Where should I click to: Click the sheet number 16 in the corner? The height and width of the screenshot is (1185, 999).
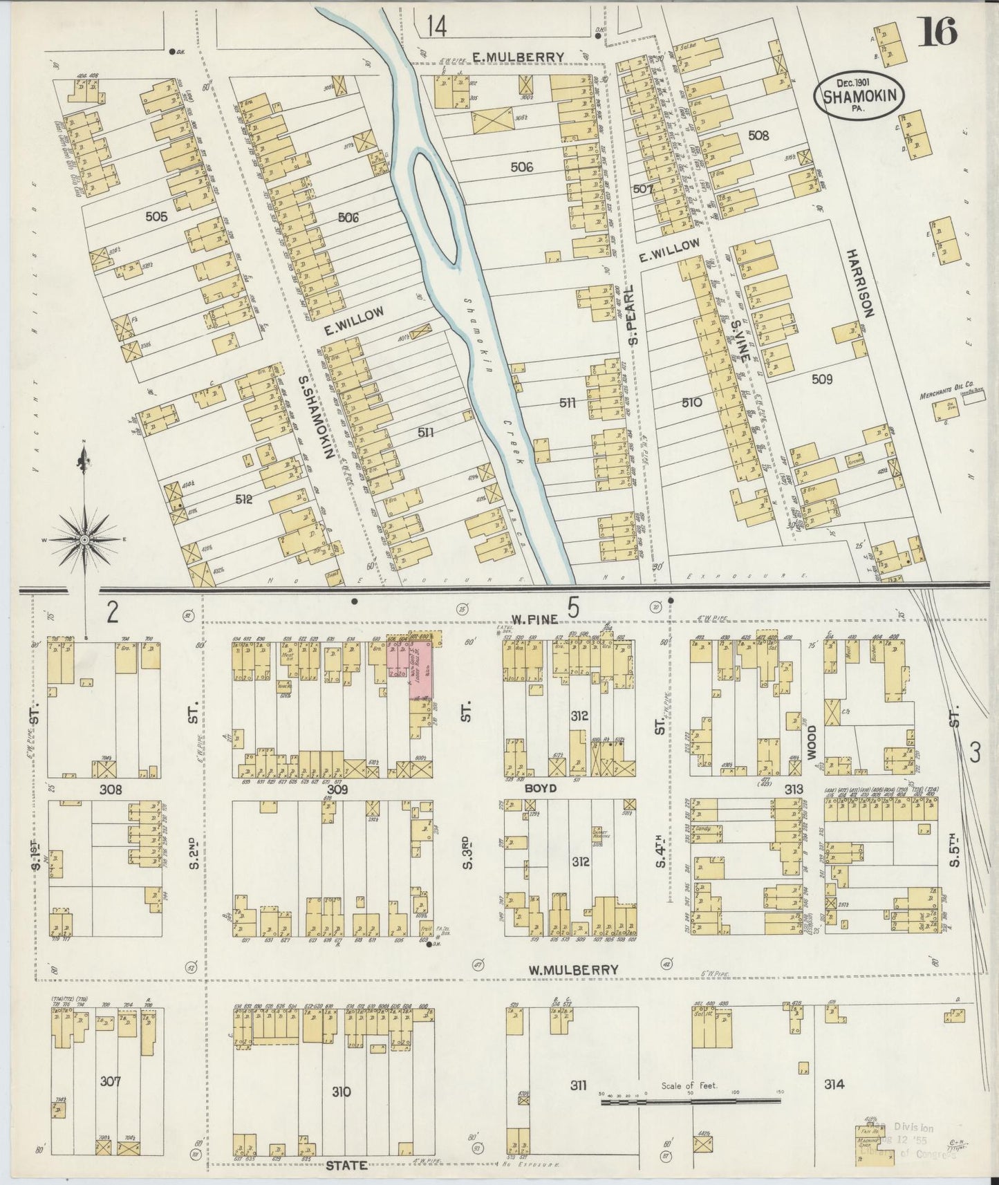pos(937,32)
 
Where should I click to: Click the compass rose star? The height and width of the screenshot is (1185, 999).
pos(85,539)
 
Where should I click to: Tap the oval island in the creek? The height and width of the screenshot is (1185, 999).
pos(435,205)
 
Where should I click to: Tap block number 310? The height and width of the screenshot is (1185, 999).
pos(341,1092)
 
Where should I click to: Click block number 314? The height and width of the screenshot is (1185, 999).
pos(834,1084)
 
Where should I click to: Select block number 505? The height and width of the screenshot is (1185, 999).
pos(157,216)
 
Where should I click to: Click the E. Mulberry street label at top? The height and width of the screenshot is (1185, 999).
pos(519,57)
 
